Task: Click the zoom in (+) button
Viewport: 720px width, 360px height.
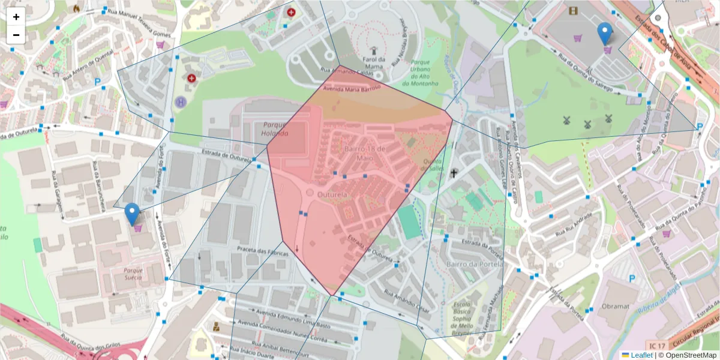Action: coord(16,17)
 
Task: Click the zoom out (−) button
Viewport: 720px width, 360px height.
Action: coord(16,35)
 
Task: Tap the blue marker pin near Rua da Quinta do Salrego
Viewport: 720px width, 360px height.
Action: coord(605,34)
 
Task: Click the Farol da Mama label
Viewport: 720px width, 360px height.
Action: coord(373,63)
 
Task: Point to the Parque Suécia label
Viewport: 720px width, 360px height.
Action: coord(133,273)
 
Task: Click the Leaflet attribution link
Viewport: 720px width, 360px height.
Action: coord(641,355)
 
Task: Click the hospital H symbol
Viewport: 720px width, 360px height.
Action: coord(180,102)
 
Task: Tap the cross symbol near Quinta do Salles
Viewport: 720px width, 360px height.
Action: coord(454,173)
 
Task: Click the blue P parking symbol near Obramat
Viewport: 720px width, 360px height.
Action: coord(632,278)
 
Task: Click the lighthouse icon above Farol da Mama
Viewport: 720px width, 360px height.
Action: coord(373,52)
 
